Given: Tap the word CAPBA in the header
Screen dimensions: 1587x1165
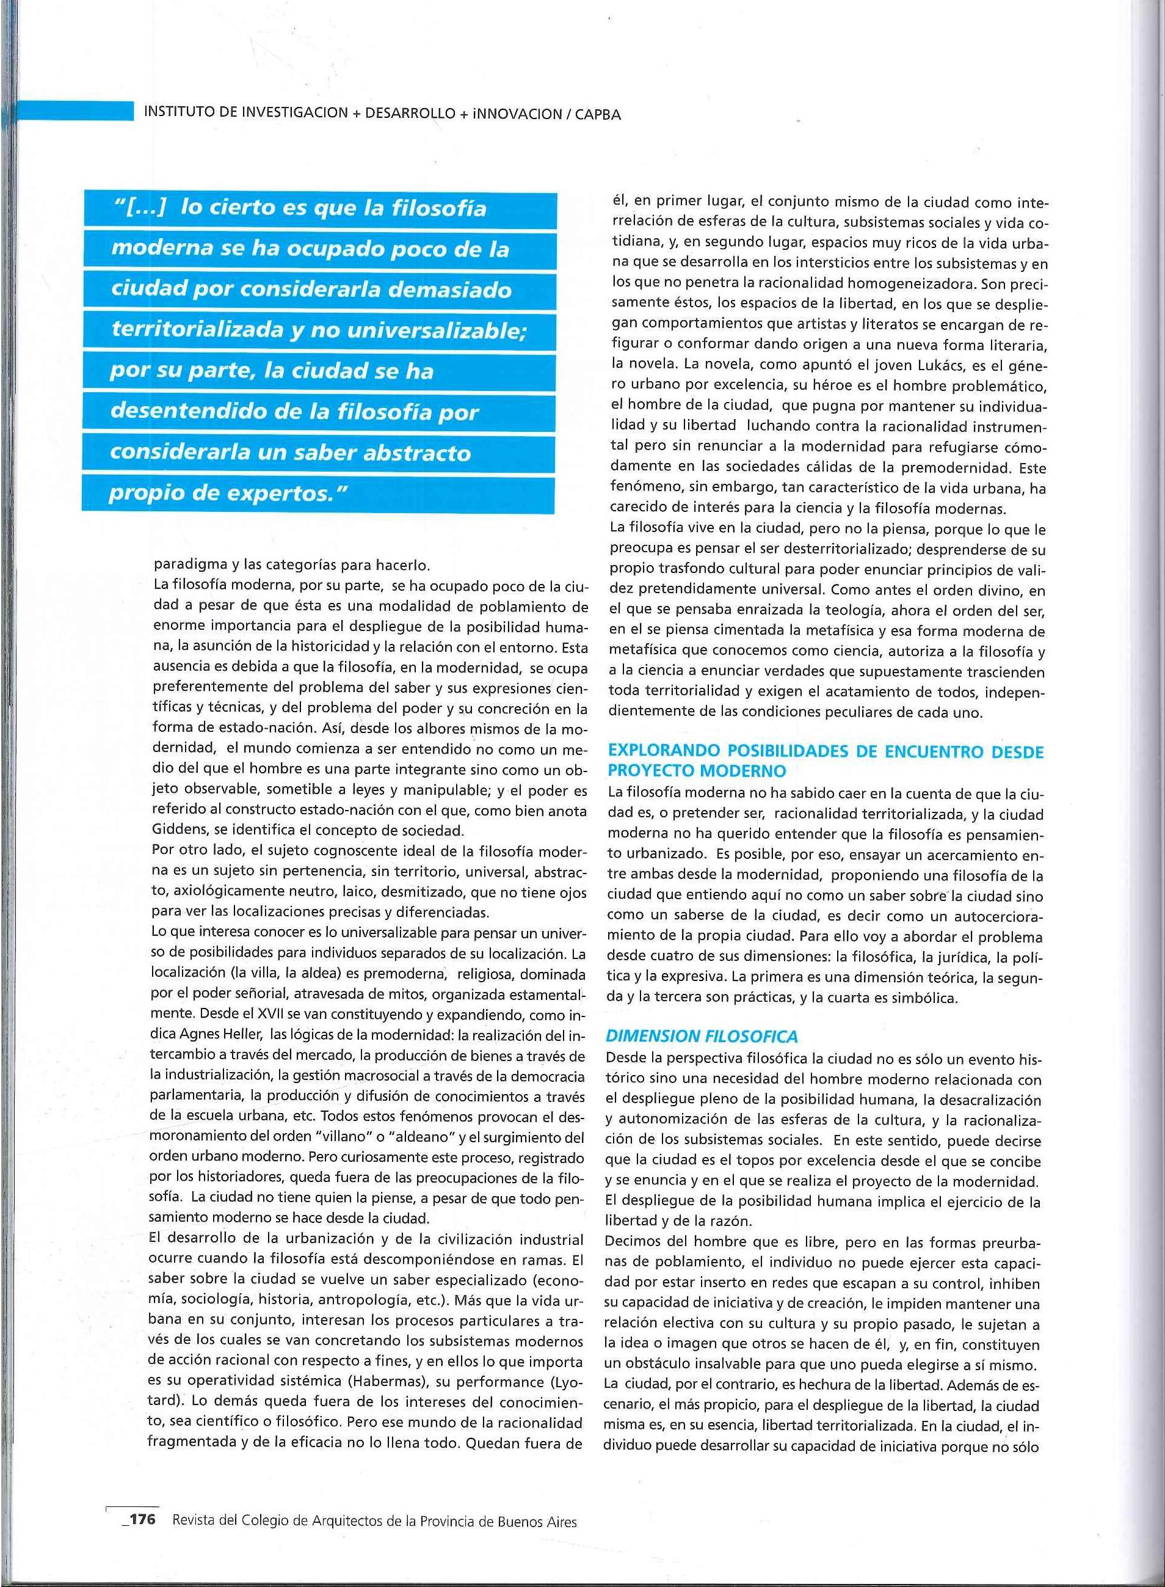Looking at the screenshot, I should coord(597,114).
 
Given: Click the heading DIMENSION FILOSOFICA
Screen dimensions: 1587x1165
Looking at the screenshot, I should coord(702,1036).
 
